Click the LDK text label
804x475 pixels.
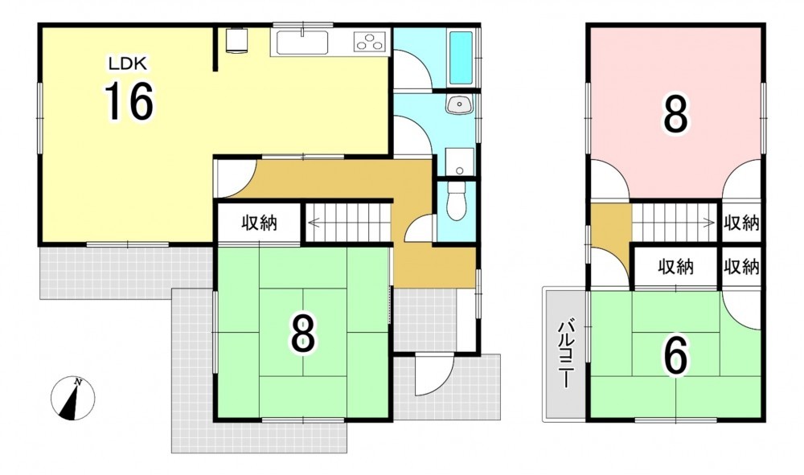tap(127, 64)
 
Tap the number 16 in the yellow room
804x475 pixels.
tap(129, 101)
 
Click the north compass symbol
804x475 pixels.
tap(73, 398)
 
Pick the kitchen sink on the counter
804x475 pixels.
tap(302, 43)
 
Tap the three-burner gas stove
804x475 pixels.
tap(369, 41)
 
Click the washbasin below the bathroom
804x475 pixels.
tap(459, 105)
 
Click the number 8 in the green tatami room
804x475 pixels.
tap(303, 333)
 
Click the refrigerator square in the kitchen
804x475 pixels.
tap(237, 40)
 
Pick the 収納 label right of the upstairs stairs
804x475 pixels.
tap(741, 223)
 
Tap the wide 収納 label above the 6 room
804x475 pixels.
tap(676, 267)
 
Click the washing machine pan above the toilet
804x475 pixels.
tap(459, 162)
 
